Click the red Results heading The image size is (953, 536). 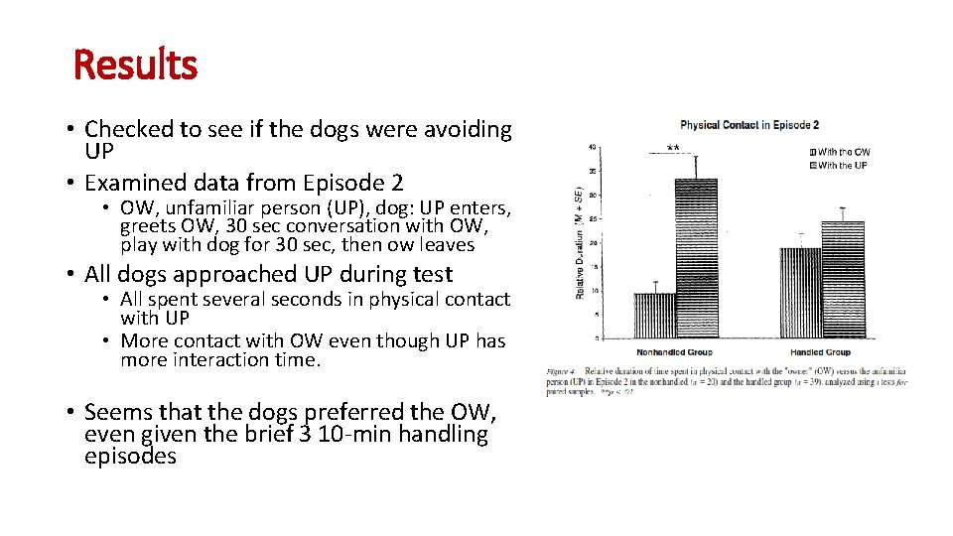tap(136, 66)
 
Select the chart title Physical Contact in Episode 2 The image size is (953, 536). tap(749, 125)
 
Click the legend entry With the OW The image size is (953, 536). tap(842, 152)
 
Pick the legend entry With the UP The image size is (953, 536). tap(841, 165)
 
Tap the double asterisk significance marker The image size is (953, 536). tap(673, 149)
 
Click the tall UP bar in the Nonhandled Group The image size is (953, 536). tap(696, 258)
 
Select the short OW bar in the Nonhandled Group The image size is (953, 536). tap(654, 315)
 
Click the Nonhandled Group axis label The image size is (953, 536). tap(674, 352)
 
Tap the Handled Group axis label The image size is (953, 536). tap(821, 352)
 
